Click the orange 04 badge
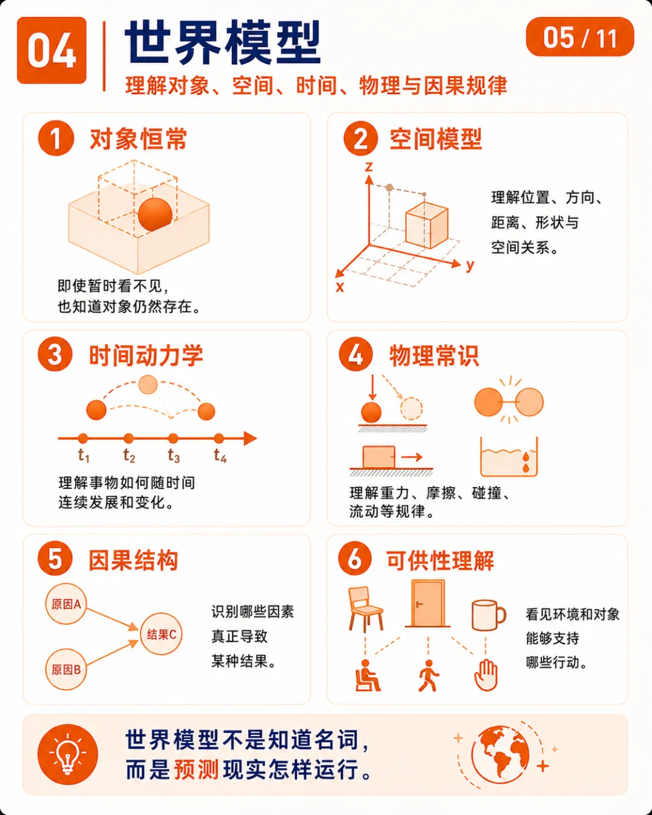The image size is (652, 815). pos(51,50)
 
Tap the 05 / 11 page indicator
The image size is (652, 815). pos(580,37)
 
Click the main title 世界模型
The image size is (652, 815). pos(223,42)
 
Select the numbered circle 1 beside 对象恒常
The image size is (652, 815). pos(56,138)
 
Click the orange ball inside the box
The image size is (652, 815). pos(155,214)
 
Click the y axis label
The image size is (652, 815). pos(470,265)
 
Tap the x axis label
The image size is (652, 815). pos(340,287)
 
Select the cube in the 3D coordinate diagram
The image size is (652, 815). pos(427,225)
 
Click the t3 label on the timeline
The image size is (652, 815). pos(174,455)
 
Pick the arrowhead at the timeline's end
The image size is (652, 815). pos(250,438)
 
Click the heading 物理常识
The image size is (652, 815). pos(434,356)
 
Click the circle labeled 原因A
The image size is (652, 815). pos(66,604)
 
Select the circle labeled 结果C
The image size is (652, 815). pos(161,634)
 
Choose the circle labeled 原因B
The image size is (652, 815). pos(66,670)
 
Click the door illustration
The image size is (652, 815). pos(427,603)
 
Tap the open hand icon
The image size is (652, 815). pos(486,675)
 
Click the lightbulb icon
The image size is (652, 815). pos(68,755)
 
